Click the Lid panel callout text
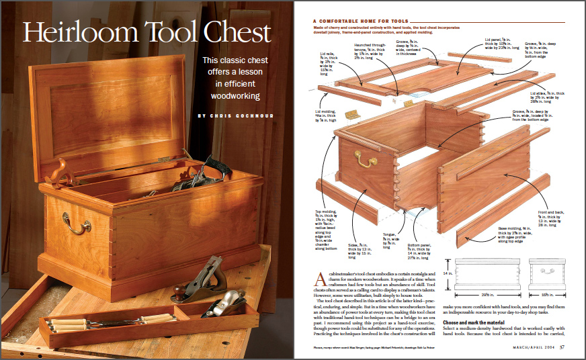(x=500, y=45)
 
